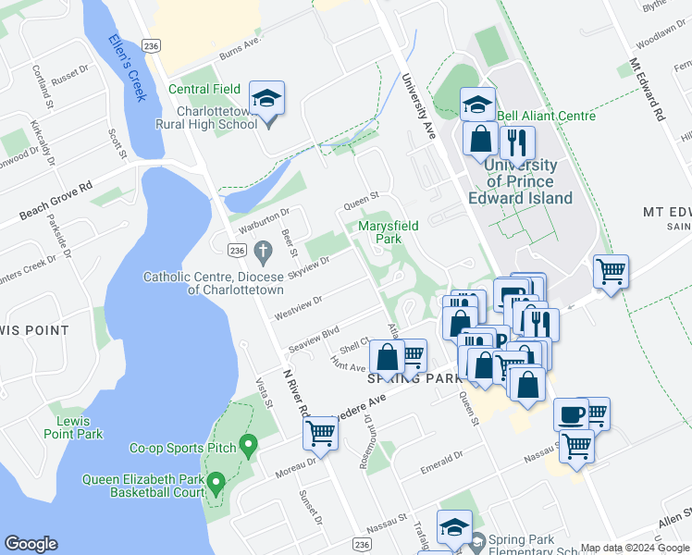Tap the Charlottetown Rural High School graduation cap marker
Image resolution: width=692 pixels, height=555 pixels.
click(x=266, y=100)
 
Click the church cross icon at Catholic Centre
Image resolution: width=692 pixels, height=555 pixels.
click(x=262, y=250)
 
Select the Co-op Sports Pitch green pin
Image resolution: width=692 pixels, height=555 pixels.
click(x=247, y=446)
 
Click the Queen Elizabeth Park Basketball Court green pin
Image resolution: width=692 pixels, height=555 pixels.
click(x=216, y=482)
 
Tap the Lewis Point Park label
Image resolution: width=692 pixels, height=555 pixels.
click(x=72, y=426)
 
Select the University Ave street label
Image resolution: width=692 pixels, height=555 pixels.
click(x=421, y=108)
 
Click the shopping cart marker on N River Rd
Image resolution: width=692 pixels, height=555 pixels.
click(x=320, y=431)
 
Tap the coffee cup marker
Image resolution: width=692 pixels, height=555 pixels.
click(x=571, y=413)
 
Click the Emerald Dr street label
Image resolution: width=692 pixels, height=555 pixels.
click(x=440, y=461)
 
